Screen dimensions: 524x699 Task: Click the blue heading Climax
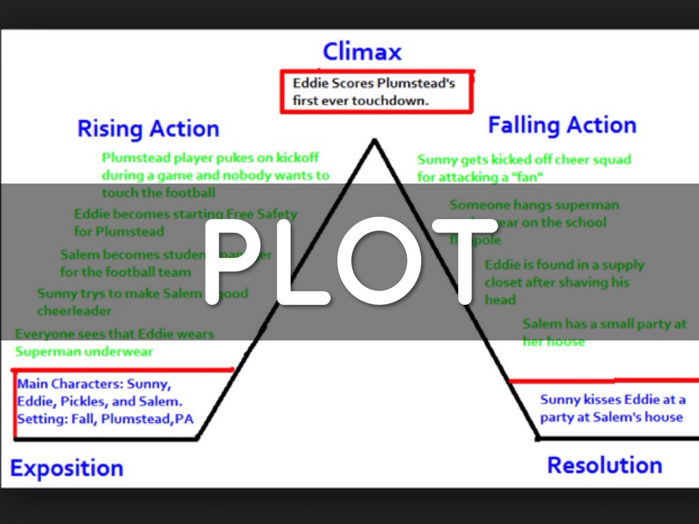tap(362, 52)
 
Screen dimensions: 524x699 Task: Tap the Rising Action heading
tap(148, 128)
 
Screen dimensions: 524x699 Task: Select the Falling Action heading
tap(562, 125)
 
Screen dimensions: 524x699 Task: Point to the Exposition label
tap(66, 468)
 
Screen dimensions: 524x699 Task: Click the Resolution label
tap(604, 465)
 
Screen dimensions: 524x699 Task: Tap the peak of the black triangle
tap(373, 141)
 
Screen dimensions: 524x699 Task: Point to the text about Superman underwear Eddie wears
tap(114, 343)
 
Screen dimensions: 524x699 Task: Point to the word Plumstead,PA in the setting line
tap(147, 419)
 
